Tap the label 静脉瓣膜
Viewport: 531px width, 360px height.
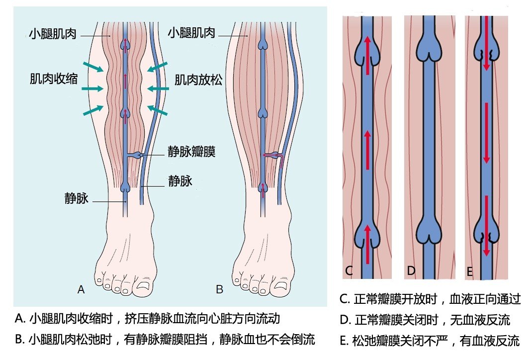(x=191, y=152)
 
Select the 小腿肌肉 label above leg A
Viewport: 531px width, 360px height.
(x=53, y=33)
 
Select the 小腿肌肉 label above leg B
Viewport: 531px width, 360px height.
(x=191, y=33)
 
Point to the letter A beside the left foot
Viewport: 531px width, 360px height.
(x=81, y=289)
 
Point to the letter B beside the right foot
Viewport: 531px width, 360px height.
(x=219, y=289)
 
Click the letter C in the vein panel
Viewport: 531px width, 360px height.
(x=349, y=270)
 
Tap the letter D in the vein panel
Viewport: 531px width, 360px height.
(x=411, y=270)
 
